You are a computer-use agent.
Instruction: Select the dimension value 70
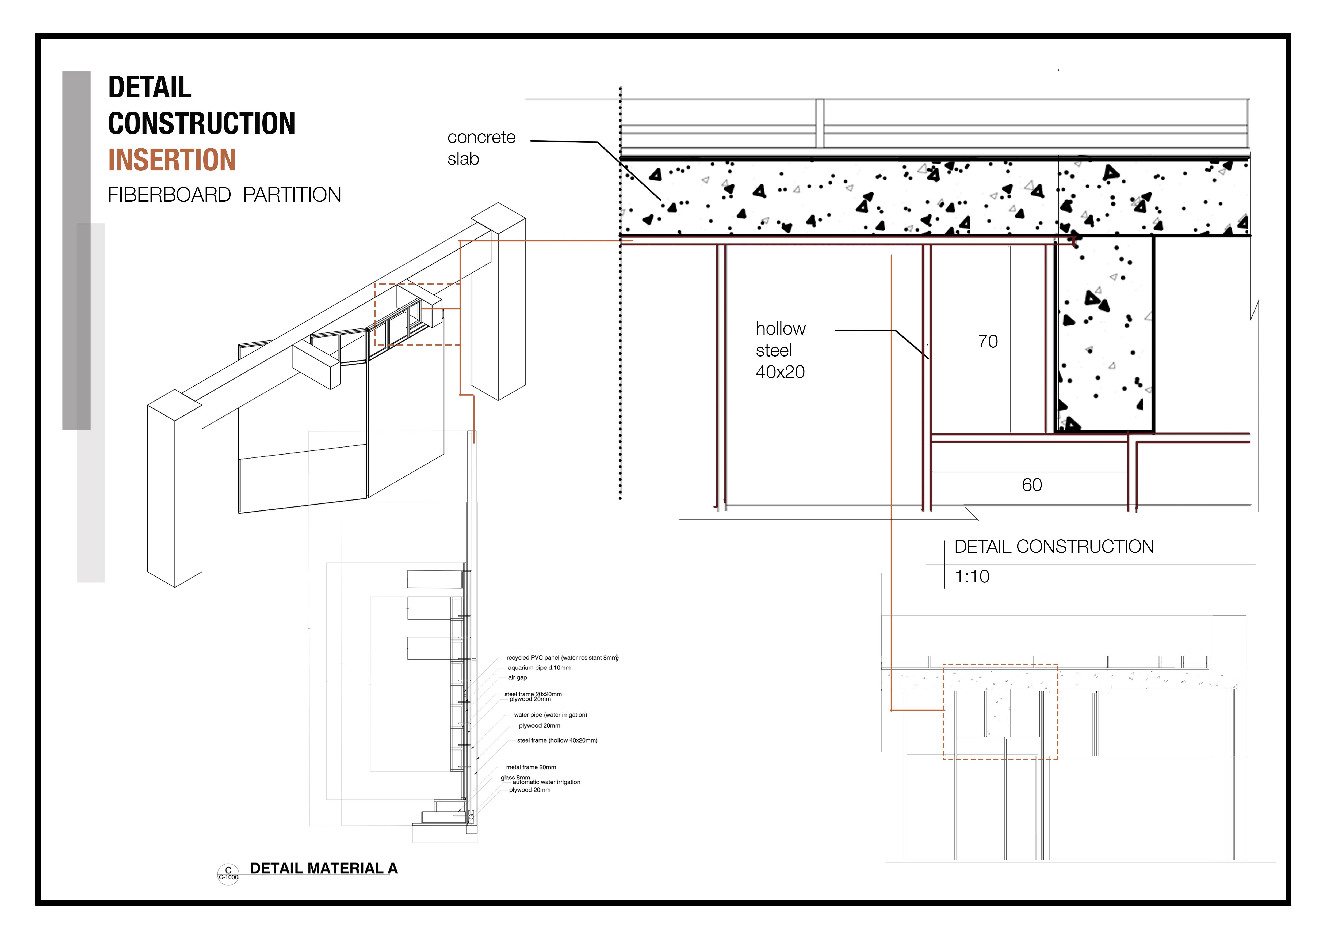pos(988,342)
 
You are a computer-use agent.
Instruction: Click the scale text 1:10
pos(972,577)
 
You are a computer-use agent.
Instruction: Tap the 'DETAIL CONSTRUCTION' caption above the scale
pos(1054,546)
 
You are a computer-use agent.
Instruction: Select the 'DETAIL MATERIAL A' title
pos(324,868)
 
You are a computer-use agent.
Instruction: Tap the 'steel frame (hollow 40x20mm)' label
pos(557,741)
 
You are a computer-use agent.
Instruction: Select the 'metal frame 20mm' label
pos(531,767)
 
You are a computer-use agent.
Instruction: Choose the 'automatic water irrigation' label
pos(546,782)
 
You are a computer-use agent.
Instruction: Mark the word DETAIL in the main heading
pos(150,87)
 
